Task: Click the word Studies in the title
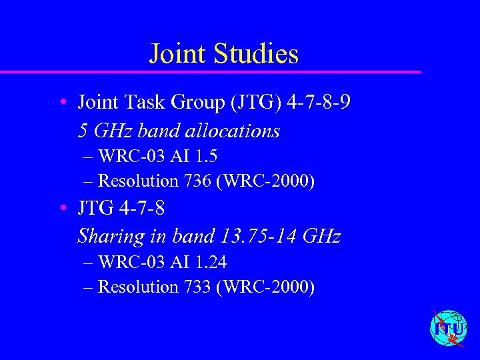[x=257, y=54]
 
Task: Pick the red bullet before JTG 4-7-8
[x=61, y=209]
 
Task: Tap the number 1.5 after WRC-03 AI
[x=206, y=157]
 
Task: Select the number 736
[x=197, y=181]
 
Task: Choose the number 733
[x=197, y=287]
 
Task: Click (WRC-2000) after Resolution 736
[x=265, y=181]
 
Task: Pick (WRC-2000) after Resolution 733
[x=265, y=287]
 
